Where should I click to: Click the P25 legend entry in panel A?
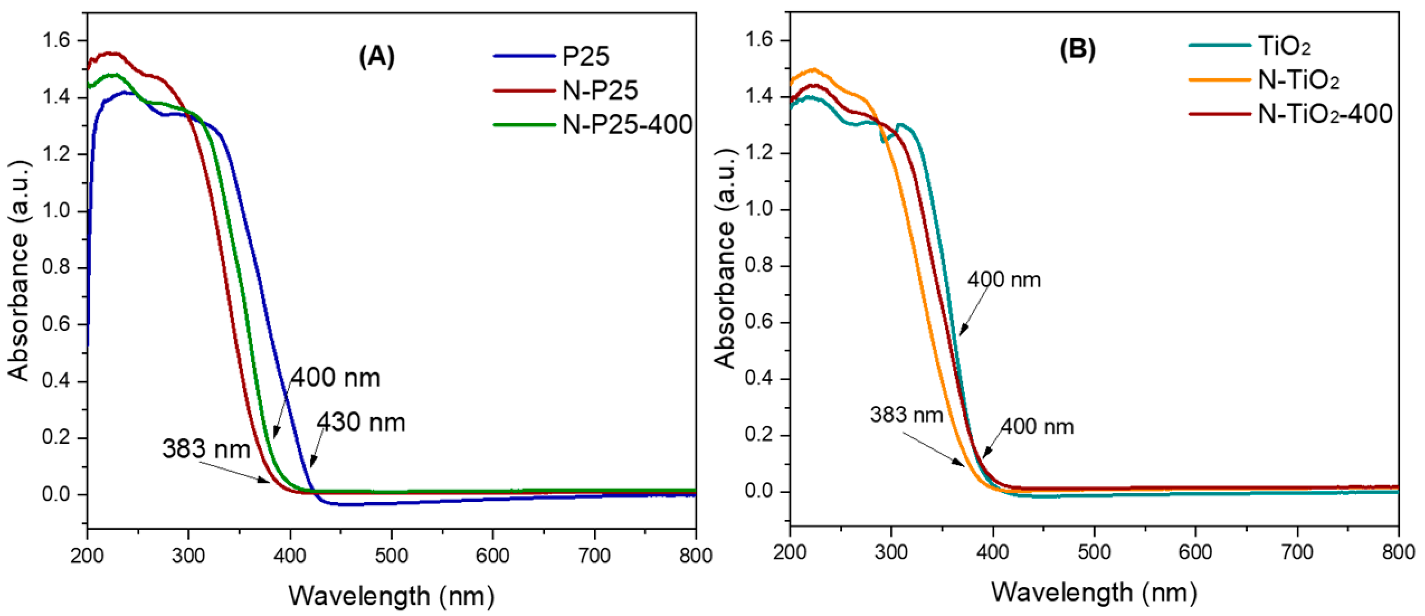tap(585, 56)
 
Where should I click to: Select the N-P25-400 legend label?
tap(627, 124)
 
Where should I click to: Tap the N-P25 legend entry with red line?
tap(600, 91)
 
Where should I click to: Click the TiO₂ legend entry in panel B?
tap(1284, 46)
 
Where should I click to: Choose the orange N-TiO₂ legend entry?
tap(1298, 80)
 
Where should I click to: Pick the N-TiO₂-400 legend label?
tap(1324, 114)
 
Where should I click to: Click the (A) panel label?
tap(377, 56)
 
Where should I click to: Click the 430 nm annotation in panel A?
tap(361, 423)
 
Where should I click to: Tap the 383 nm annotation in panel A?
tap(206, 449)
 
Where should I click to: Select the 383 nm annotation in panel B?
tap(906, 415)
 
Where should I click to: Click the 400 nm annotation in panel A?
tap(336, 378)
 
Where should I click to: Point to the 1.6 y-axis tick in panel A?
tap(56, 40)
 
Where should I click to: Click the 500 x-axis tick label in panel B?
tap(1094, 552)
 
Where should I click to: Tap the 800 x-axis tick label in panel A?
tap(695, 556)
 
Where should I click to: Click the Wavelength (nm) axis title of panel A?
tap(391, 596)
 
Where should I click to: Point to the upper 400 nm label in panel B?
tap(1004, 279)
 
